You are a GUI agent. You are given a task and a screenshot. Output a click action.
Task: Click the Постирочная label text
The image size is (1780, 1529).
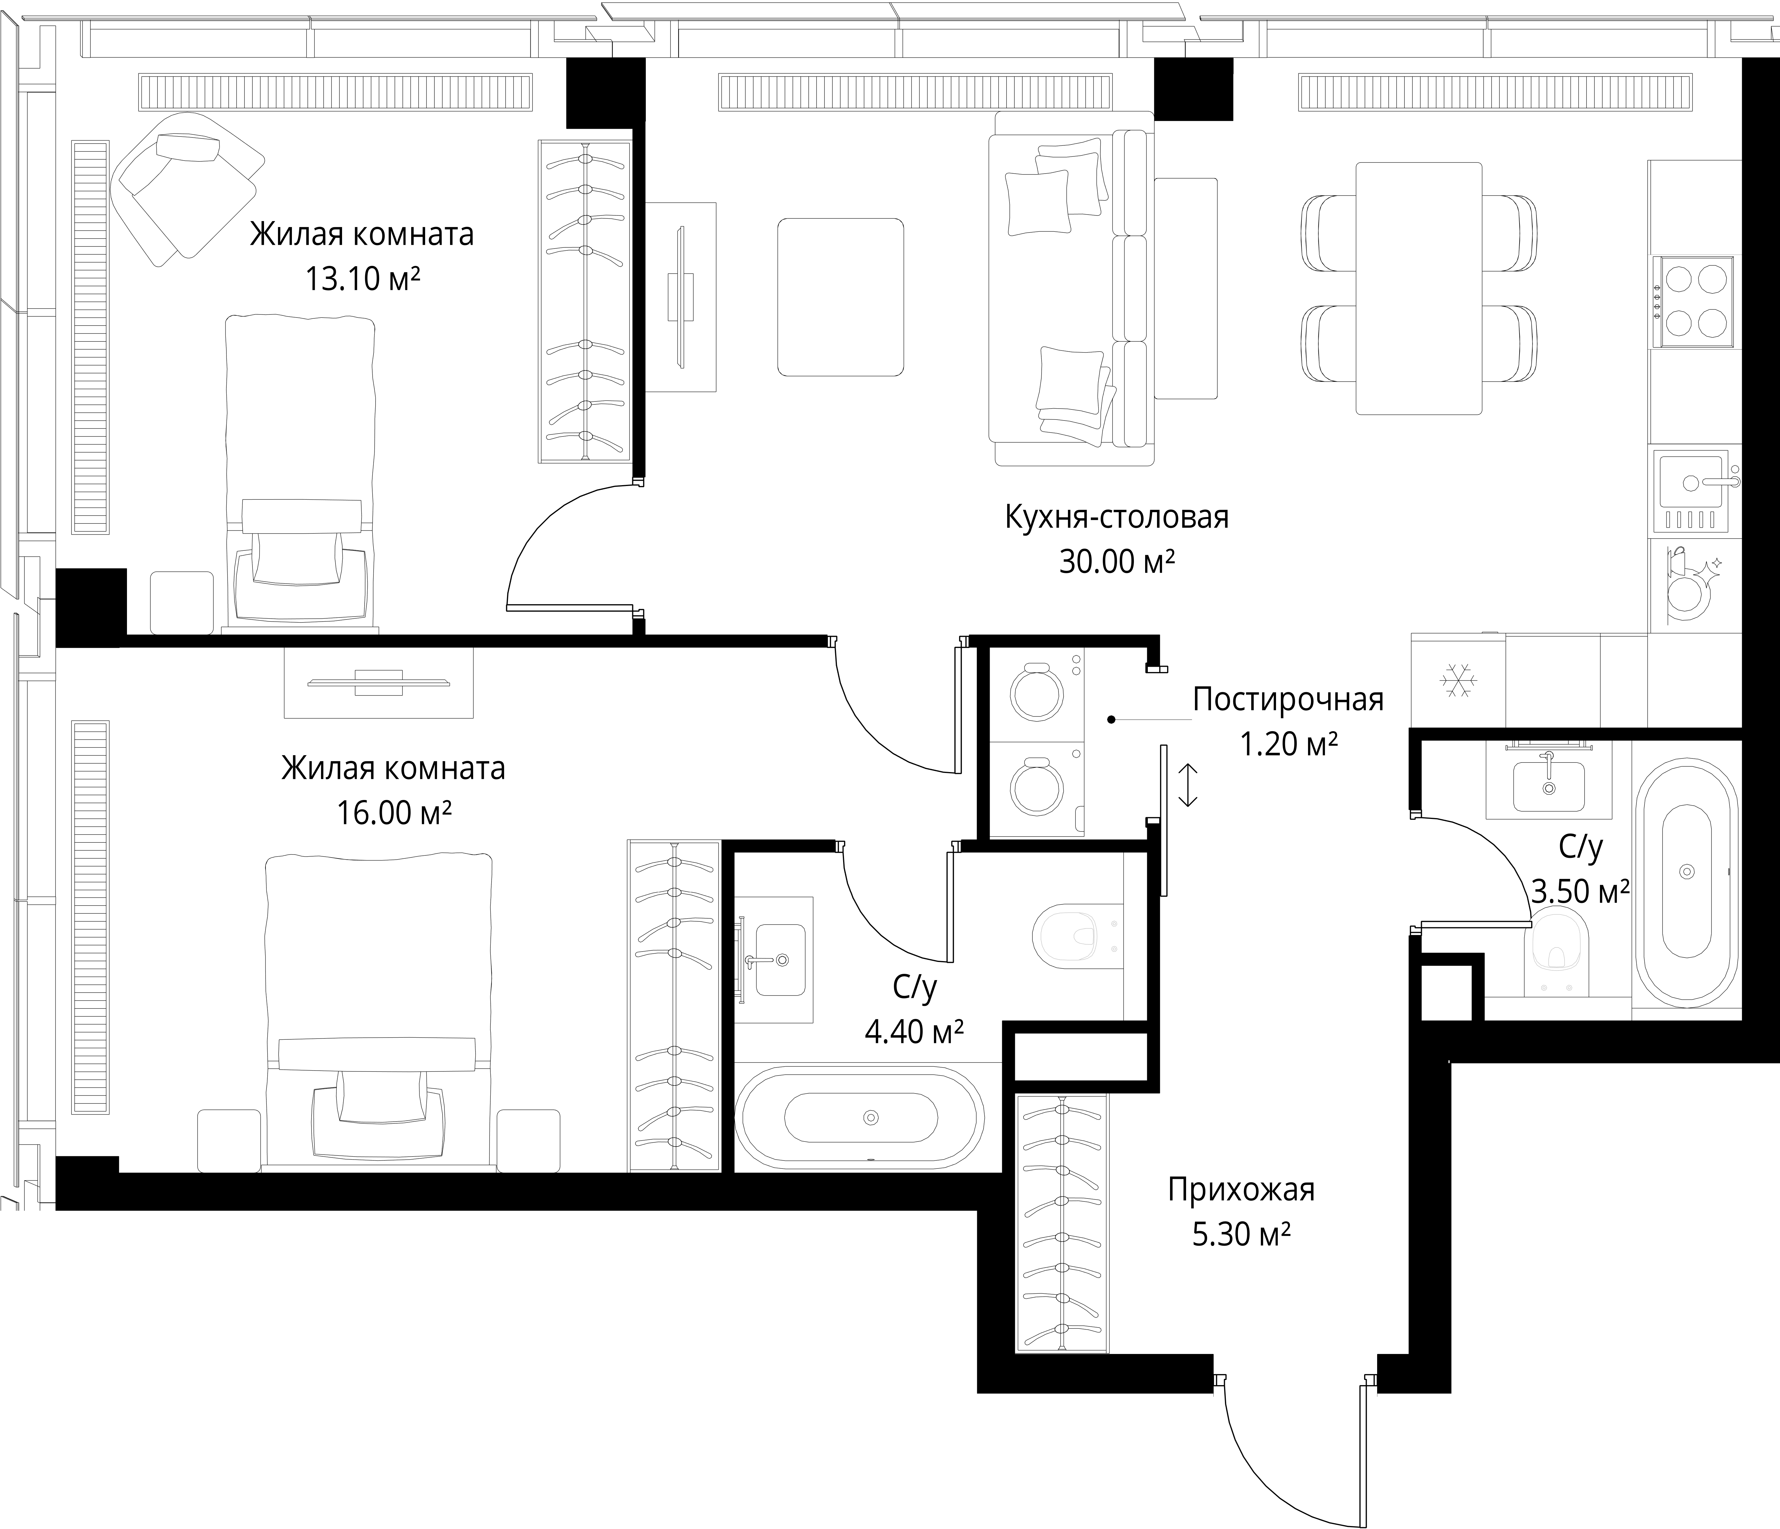click(x=1288, y=700)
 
